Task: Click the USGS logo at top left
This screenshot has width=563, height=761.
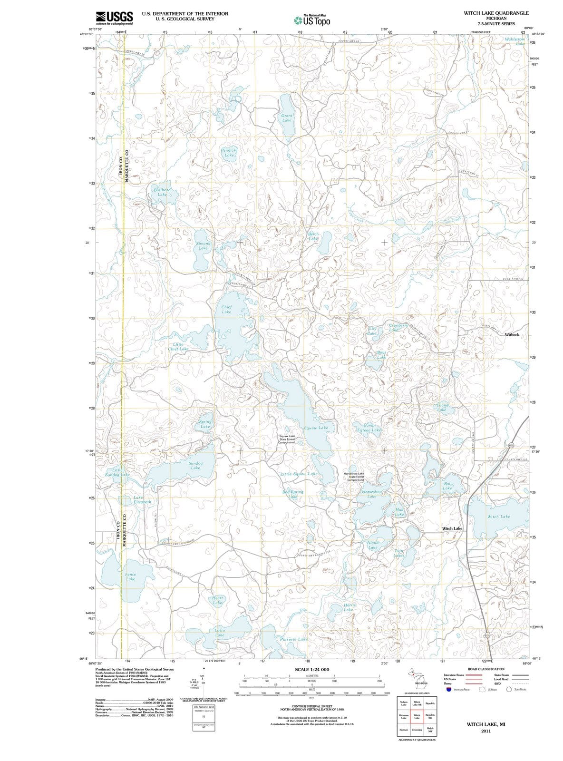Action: (x=114, y=18)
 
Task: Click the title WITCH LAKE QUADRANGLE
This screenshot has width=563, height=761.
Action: (x=496, y=13)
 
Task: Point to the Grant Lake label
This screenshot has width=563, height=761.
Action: (x=287, y=118)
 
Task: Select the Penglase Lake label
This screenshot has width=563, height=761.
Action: (x=229, y=153)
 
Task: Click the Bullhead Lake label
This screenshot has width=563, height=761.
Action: (x=162, y=192)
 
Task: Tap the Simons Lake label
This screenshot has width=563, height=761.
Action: (x=203, y=246)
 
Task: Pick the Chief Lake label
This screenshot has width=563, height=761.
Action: (x=226, y=310)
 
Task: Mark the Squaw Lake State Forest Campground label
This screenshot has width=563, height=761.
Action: (x=287, y=439)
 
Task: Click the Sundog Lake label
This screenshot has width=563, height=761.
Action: (x=195, y=466)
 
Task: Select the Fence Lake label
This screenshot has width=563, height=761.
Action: (x=130, y=577)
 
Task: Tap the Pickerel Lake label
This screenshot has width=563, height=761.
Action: (x=294, y=639)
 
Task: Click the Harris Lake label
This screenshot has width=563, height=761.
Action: (x=349, y=607)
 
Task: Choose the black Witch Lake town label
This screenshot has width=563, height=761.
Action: (x=452, y=528)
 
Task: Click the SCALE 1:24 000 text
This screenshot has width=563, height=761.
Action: (x=312, y=670)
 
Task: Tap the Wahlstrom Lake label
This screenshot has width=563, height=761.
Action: (x=515, y=41)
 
